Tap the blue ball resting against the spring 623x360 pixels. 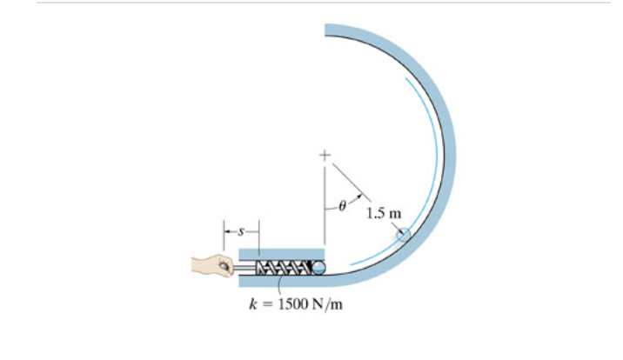click(x=319, y=268)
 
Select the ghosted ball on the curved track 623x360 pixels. click(x=403, y=235)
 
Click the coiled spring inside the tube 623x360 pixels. click(x=287, y=268)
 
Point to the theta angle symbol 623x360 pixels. click(x=342, y=208)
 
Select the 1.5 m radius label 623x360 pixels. click(x=384, y=212)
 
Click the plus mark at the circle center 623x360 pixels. click(x=325, y=157)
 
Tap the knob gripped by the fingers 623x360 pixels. click(x=226, y=269)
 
